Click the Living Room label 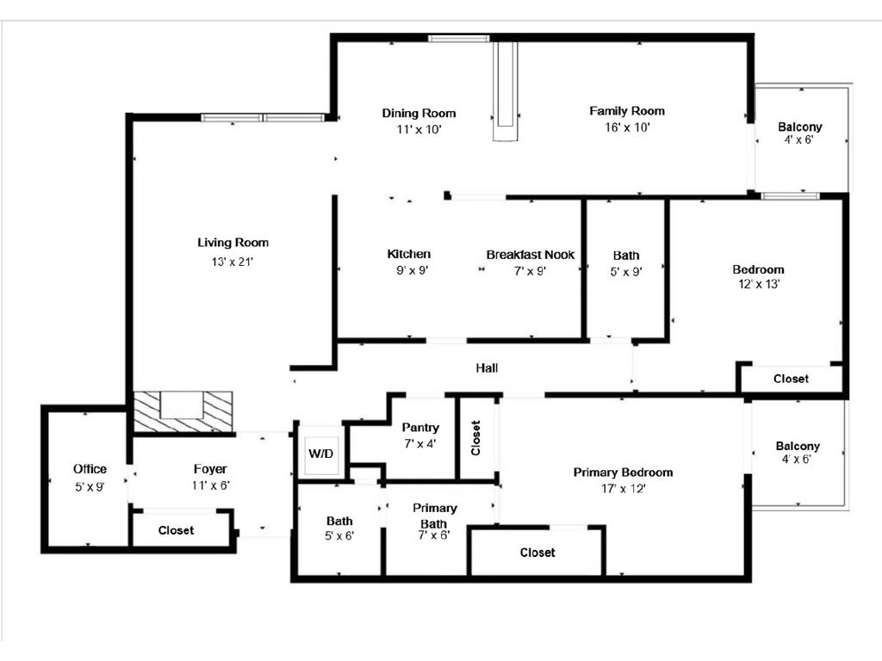pyautogui.click(x=233, y=243)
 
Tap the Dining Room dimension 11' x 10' pyautogui.click(x=419, y=130)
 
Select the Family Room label pyautogui.click(x=626, y=111)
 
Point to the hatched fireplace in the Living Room pyautogui.click(x=183, y=411)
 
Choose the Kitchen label pyautogui.click(x=408, y=254)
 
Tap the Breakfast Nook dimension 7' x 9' pyautogui.click(x=530, y=270)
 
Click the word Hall pyautogui.click(x=487, y=368)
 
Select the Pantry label pyautogui.click(x=420, y=428)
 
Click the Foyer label pyautogui.click(x=210, y=469)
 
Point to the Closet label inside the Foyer pyautogui.click(x=176, y=530)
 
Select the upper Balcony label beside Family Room pyautogui.click(x=799, y=127)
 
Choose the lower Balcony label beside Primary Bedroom pyautogui.click(x=797, y=446)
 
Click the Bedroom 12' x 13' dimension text pyautogui.click(x=758, y=284)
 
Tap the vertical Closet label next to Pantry pyautogui.click(x=476, y=437)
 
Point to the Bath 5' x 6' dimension pyautogui.click(x=339, y=535)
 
